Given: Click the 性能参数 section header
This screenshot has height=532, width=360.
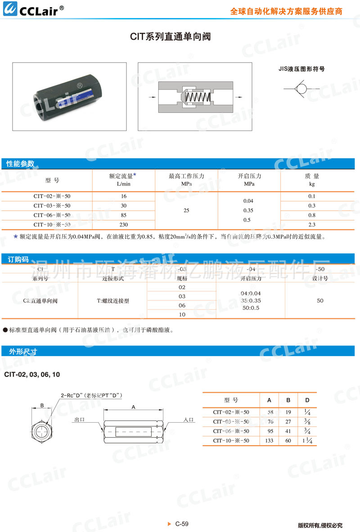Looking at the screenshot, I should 20,164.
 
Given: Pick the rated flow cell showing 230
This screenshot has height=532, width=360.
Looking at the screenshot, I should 124,224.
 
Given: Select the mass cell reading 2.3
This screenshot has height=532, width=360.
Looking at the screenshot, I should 312,224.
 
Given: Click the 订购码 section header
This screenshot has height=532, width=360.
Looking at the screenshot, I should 18,259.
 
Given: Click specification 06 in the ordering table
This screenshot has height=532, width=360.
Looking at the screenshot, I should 182,305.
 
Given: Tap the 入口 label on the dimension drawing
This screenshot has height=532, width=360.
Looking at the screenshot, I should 189,420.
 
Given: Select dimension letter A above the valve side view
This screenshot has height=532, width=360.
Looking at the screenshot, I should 133,407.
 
